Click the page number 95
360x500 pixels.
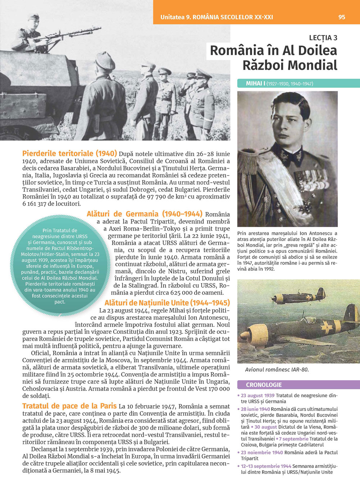[x=342, y=17]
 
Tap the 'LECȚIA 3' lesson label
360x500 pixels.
[x=323, y=38]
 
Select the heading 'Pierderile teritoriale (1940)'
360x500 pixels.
[x=69, y=154]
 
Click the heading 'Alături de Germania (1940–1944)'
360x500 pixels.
[x=144, y=214]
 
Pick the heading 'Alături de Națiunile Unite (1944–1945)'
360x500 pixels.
[x=167, y=303]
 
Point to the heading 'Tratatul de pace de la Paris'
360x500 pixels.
[x=69, y=406]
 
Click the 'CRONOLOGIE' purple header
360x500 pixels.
[x=264, y=385]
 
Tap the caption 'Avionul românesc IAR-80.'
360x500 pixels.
[x=276, y=369]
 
